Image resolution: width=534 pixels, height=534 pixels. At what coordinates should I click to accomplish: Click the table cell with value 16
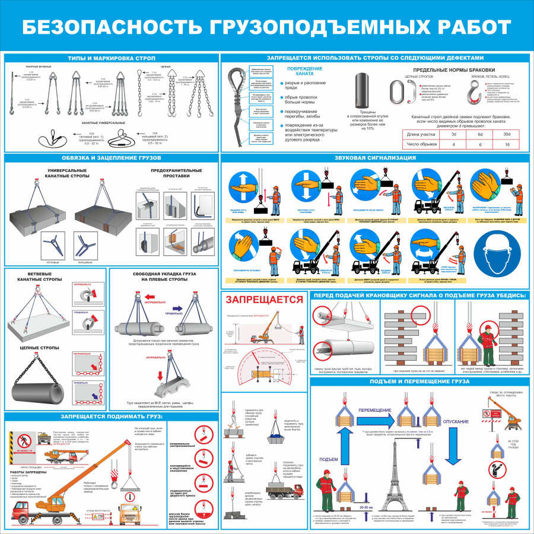[x=507, y=144]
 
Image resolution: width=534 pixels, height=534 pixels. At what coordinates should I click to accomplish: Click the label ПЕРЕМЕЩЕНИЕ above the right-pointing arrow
[x=375, y=410]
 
